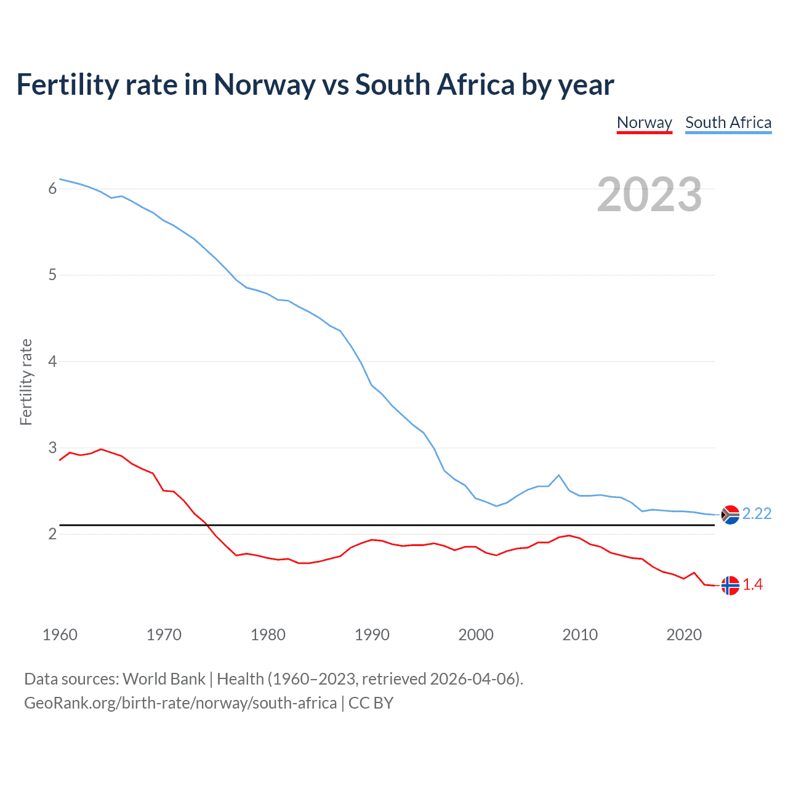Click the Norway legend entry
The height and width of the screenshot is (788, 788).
coord(644,123)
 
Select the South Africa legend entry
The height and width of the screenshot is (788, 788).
coord(728,123)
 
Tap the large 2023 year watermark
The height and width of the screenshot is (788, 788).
coord(649,195)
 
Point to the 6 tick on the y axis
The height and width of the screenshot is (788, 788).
coord(52,188)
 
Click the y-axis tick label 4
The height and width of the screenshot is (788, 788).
coord(52,361)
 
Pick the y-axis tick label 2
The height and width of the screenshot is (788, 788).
coord(52,534)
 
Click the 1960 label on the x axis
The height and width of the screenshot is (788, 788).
coord(60,635)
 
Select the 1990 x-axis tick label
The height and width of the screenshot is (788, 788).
coord(372,635)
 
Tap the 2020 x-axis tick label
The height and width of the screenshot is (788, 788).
coord(684,635)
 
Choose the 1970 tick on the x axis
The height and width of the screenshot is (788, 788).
coord(164,635)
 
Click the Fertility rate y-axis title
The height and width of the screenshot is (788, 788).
coord(26,382)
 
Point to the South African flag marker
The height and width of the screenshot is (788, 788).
coord(730,514)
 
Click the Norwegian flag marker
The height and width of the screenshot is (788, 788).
coord(730,585)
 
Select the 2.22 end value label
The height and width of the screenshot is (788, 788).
coord(757,514)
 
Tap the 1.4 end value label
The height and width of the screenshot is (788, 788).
coord(752,585)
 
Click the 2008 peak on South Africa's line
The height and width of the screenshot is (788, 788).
coord(558,475)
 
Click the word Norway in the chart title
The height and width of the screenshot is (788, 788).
coord(264,85)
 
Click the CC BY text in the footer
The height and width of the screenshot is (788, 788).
coord(371,703)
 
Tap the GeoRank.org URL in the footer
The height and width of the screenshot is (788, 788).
coord(180,703)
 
